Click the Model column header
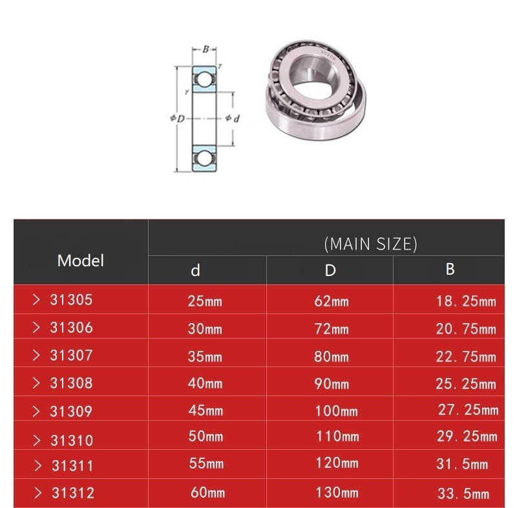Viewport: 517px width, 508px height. (x=80, y=260)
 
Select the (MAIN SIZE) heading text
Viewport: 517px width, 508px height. (x=370, y=244)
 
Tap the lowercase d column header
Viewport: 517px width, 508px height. (x=196, y=270)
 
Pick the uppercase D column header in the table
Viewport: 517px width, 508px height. (x=330, y=270)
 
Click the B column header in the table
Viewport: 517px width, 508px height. (x=450, y=269)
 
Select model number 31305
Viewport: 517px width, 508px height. (x=71, y=300)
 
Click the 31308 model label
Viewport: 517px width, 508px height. (x=71, y=383)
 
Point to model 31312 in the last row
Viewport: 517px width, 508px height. (x=73, y=493)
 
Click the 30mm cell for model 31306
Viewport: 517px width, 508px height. (x=205, y=329)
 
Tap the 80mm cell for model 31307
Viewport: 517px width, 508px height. (x=332, y=357)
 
